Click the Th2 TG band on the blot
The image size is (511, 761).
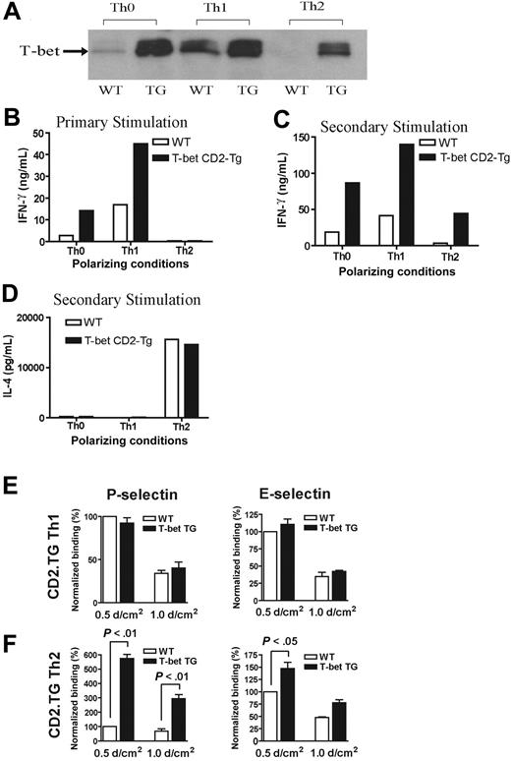point(335,50)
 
